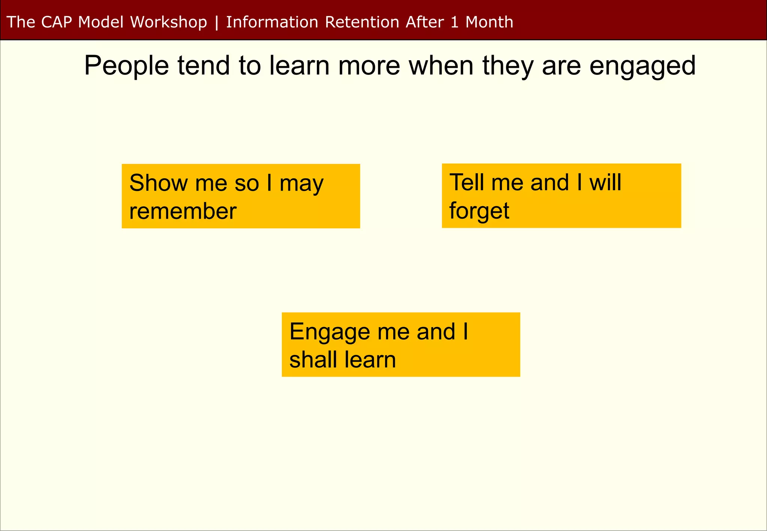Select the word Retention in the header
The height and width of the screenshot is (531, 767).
pos(362,22)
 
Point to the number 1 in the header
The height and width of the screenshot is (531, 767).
pos(454,22)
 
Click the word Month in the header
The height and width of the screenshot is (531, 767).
pos(489,22)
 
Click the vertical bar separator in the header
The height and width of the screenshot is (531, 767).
pos(216,22)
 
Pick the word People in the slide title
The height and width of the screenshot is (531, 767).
pos(127,66)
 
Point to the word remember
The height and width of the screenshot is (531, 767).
pos(183,211)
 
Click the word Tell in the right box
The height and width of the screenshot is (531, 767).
pos(467,182)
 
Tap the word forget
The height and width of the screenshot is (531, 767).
pos(479,211)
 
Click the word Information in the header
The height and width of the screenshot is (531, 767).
pos(272,22)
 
